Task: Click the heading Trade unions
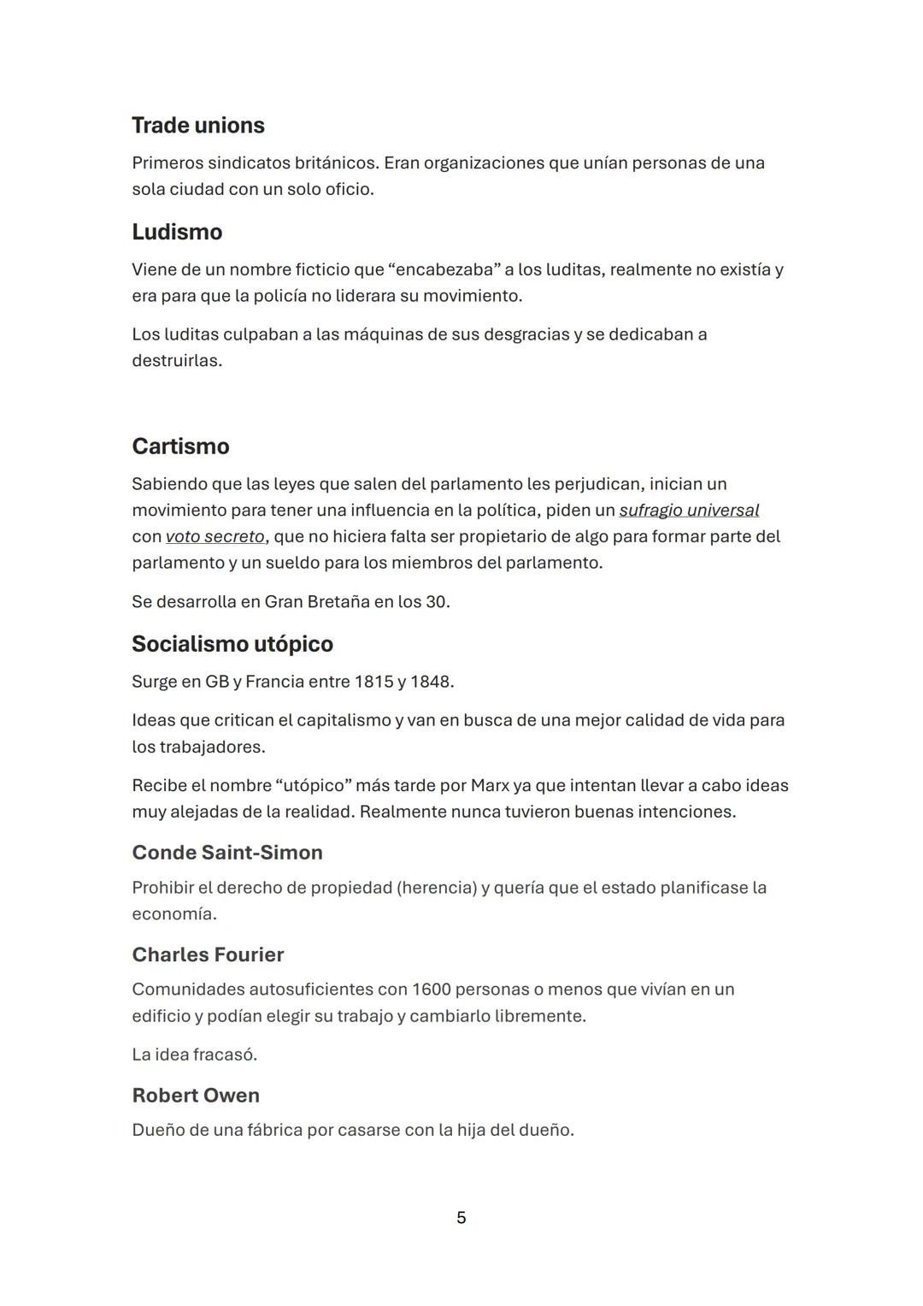(x=198, y=126)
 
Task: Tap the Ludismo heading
(x=177, y=233)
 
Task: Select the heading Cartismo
(x=180, y=446)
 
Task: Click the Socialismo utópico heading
(x=232, y=644)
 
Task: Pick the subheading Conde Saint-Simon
(x=227, y=853)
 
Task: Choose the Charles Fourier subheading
(x=208, y=954)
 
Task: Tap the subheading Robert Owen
(x=196, y=1096)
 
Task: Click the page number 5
(x=461, y=1218)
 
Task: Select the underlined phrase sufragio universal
(x=689, y=511)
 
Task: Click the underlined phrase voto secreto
(x=215, y=537)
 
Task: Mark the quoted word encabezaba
(x=445, y=270)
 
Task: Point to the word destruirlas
(x=175, y=361)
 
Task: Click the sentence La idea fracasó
(x=194, y=1055)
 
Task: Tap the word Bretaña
(x=331, y=602)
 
